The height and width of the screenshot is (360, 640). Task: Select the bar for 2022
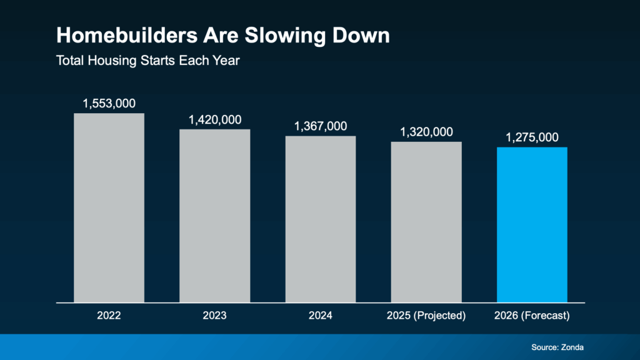pyautogui.click(x=109, y=207)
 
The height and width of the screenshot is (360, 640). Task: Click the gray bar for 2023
pyautogui.click(x=215, y=216)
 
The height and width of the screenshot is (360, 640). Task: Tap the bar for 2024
pyautogui.click(x=321, y=219)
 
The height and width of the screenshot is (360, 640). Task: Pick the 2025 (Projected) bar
pyautogui.click(x=426, y=222)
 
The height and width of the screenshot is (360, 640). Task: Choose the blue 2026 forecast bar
pyautogui.click(x=532, y=224)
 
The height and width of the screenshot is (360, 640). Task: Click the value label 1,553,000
pyautogui.click(x=109, y=103)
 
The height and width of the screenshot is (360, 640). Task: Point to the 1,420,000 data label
pyautogui.click(x=215, y=119)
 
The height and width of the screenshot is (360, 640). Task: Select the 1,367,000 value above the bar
pyautogui.click(x=321, y=126)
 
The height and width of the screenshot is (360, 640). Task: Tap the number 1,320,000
pyautogui.click(x=426, y=132)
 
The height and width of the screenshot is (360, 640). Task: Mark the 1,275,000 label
pyautogui.click(x=532, y=137)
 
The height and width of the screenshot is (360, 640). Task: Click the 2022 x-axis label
pyautogui.click(x=109, y=316)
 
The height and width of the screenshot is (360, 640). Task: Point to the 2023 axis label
pyautogui.click(x=215, y=316)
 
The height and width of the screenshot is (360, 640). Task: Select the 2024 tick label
pyautogui.click(x=321, y=316)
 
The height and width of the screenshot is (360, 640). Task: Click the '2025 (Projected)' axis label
pyautogui.click(x=426, y=316)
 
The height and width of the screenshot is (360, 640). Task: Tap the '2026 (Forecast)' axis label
pyautogui.click(x=532, y=316)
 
